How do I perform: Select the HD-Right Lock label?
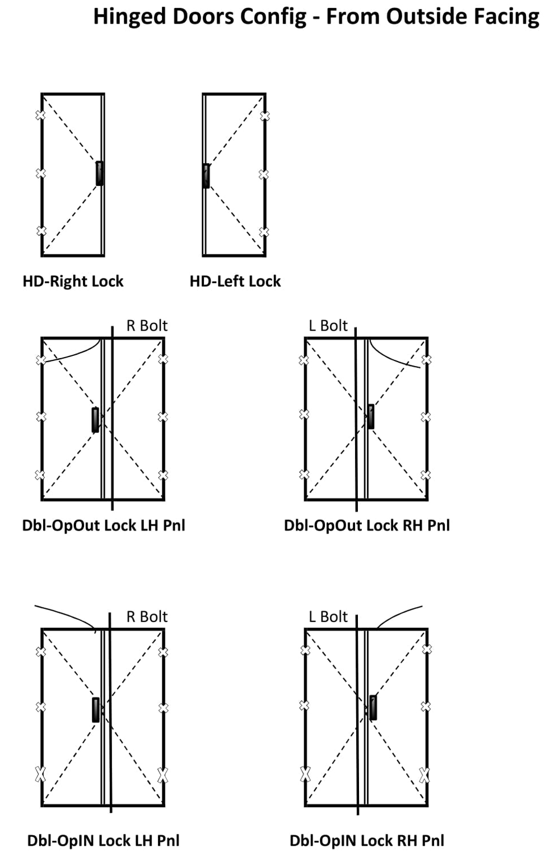click(73, 281)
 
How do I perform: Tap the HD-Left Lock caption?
click(235, 281)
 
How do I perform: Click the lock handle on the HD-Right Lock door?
click(100, 173)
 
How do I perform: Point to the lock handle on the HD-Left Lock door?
click(206, 175)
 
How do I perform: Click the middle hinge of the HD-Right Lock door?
click(41, 173)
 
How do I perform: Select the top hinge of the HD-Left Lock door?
click(264, 116)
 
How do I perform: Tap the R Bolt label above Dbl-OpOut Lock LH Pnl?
click(147, 326)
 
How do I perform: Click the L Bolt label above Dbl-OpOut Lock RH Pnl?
click(328, 326)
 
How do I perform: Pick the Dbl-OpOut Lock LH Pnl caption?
click(104, 526)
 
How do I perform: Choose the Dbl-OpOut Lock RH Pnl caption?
click(367, 526)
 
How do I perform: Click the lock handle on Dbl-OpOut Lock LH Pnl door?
click(95, 420)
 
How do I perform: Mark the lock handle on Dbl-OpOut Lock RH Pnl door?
click(370, 416)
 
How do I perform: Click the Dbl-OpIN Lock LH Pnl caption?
click(104, 841)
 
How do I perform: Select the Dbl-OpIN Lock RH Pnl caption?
click(367, 841)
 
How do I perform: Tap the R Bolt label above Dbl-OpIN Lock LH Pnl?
click(147, 617)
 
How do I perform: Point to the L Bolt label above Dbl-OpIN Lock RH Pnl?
click(328, 617)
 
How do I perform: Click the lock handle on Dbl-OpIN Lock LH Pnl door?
click(96, 710)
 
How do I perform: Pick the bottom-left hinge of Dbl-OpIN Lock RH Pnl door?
click(305, 774)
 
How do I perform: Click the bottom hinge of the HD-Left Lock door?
click(264, 232)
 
